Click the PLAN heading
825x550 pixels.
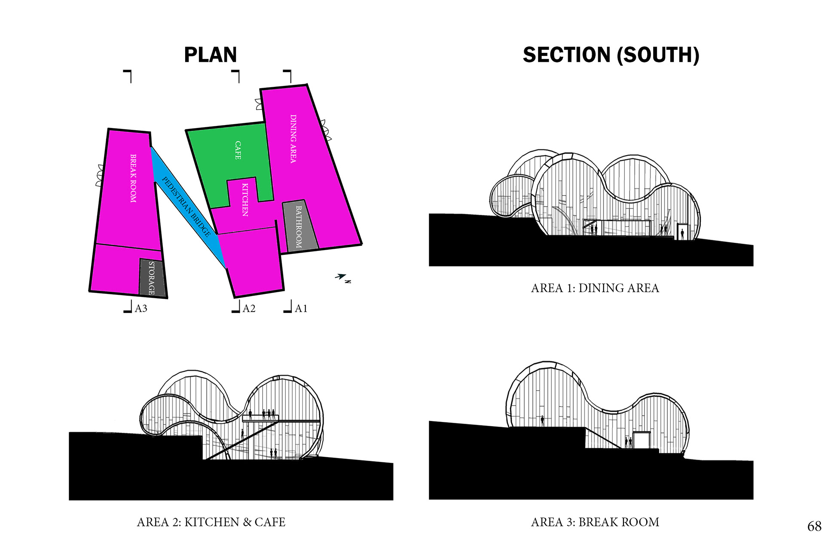(x=210, y=55)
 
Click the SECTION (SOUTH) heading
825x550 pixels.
(x=611, y=55)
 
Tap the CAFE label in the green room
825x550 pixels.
(x=238, y=150)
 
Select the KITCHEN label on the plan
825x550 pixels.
(x=244, y=199)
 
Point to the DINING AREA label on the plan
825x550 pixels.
(x=293, y=138)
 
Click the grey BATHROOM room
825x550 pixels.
(x=299, y=226)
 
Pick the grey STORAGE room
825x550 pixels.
(x=152, y=278)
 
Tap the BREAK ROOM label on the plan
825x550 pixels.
(x=133, y=178)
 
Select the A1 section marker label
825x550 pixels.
(x=301, y=309)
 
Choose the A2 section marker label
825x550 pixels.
(x=249, y=309)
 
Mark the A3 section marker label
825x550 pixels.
(x=141, y=309)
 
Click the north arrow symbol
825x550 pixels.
(x=342, y=277)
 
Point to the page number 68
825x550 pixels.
(x=814, y=526)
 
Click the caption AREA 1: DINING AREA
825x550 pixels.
(x=595, y=288)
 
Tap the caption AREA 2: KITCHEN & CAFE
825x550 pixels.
(x=211, y=522)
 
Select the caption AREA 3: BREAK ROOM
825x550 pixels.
(x=595, y=522)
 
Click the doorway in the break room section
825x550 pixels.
(x=641, y=440)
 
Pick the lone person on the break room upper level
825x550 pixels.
(x=542, y=420)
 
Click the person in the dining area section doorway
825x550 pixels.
(x=682, y=234)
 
